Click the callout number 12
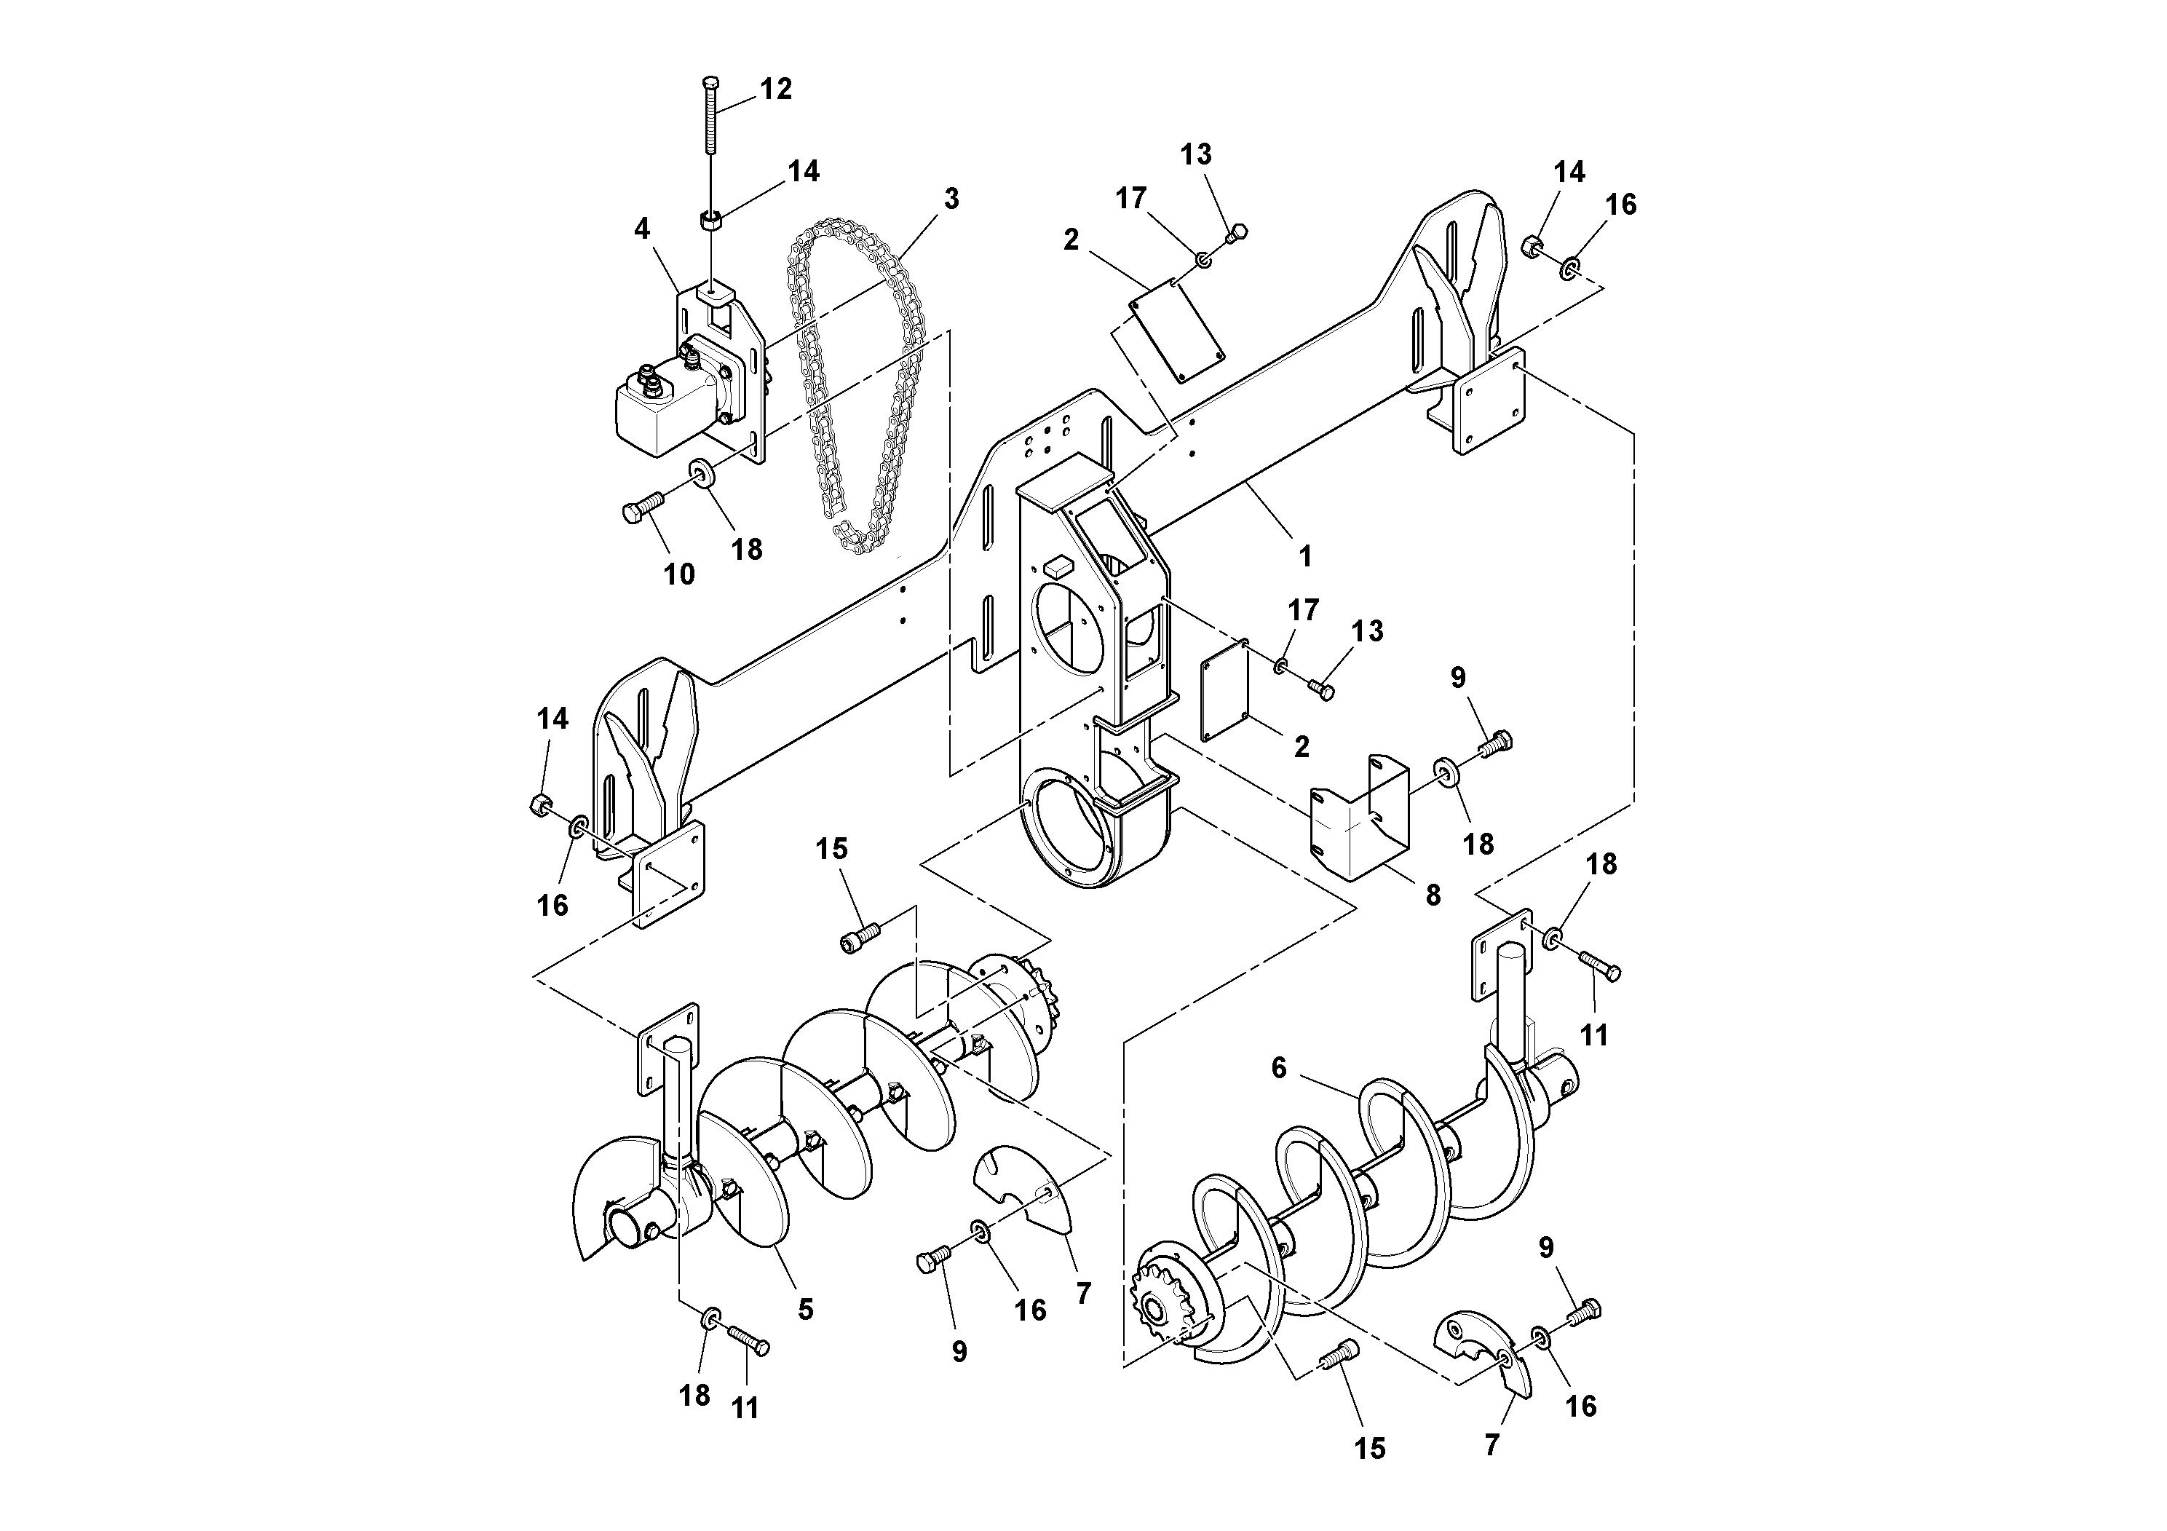click(x=775, y=90)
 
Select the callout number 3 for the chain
click(x=951, y=199)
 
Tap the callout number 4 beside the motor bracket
click(x=642, y=229)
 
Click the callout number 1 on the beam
click(x=1305, y=557)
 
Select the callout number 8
click(x=1433, y=895)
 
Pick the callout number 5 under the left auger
click(x=805, y=1309)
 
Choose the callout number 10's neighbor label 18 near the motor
click(x=747, y=550)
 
